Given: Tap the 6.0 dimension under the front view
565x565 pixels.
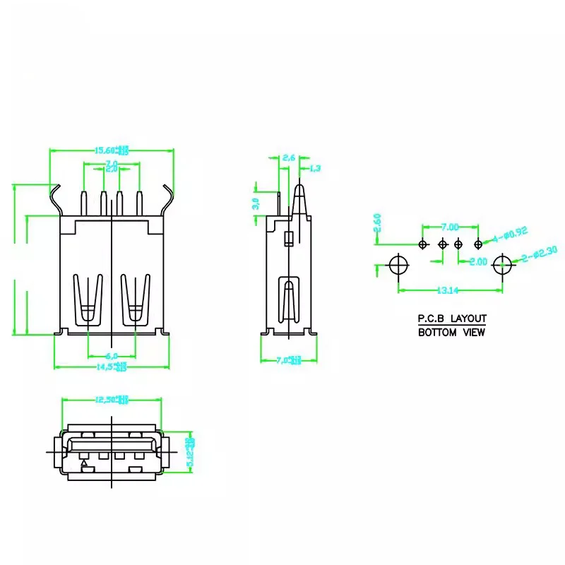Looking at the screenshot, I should point(112,355).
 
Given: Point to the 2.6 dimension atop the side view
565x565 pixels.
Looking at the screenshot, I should point(288,158).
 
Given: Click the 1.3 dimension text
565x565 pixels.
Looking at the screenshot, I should point(315,168).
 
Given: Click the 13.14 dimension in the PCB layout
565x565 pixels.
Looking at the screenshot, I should point(451,290).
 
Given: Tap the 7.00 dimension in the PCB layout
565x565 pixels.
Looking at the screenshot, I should point(450,227).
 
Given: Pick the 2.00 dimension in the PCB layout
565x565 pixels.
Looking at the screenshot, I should point(478,261).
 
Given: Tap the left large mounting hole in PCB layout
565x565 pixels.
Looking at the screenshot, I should point(399,266).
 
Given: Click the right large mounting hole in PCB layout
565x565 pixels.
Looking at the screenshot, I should point(503,266).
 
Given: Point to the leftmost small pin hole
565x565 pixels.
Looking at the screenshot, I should point(423,244).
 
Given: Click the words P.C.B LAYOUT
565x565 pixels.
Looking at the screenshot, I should point(452,319).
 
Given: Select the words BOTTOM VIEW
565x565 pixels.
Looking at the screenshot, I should point(452,332).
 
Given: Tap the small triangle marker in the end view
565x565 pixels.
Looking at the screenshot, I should point(85,464).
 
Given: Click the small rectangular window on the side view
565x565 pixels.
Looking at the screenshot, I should point(287,239).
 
